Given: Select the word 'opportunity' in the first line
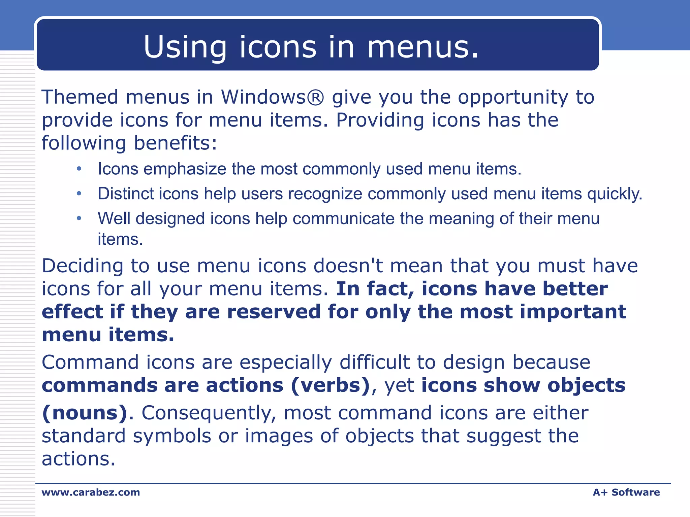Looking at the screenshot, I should coord(513,98).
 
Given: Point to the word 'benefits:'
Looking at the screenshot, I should coord(176,143).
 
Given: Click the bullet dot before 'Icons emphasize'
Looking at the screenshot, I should coord(79,169).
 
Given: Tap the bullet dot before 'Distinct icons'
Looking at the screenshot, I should coord(79,194).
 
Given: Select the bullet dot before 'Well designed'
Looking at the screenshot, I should coord(79,218).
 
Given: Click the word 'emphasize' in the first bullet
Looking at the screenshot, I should coord(185,169).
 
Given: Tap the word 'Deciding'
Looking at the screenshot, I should coord(83,266).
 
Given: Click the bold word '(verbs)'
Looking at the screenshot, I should coord(330,385).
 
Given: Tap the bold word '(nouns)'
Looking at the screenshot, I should coord(85,413).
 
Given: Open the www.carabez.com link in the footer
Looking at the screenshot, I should coord(91,492).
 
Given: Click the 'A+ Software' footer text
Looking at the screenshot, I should coord(626,492).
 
